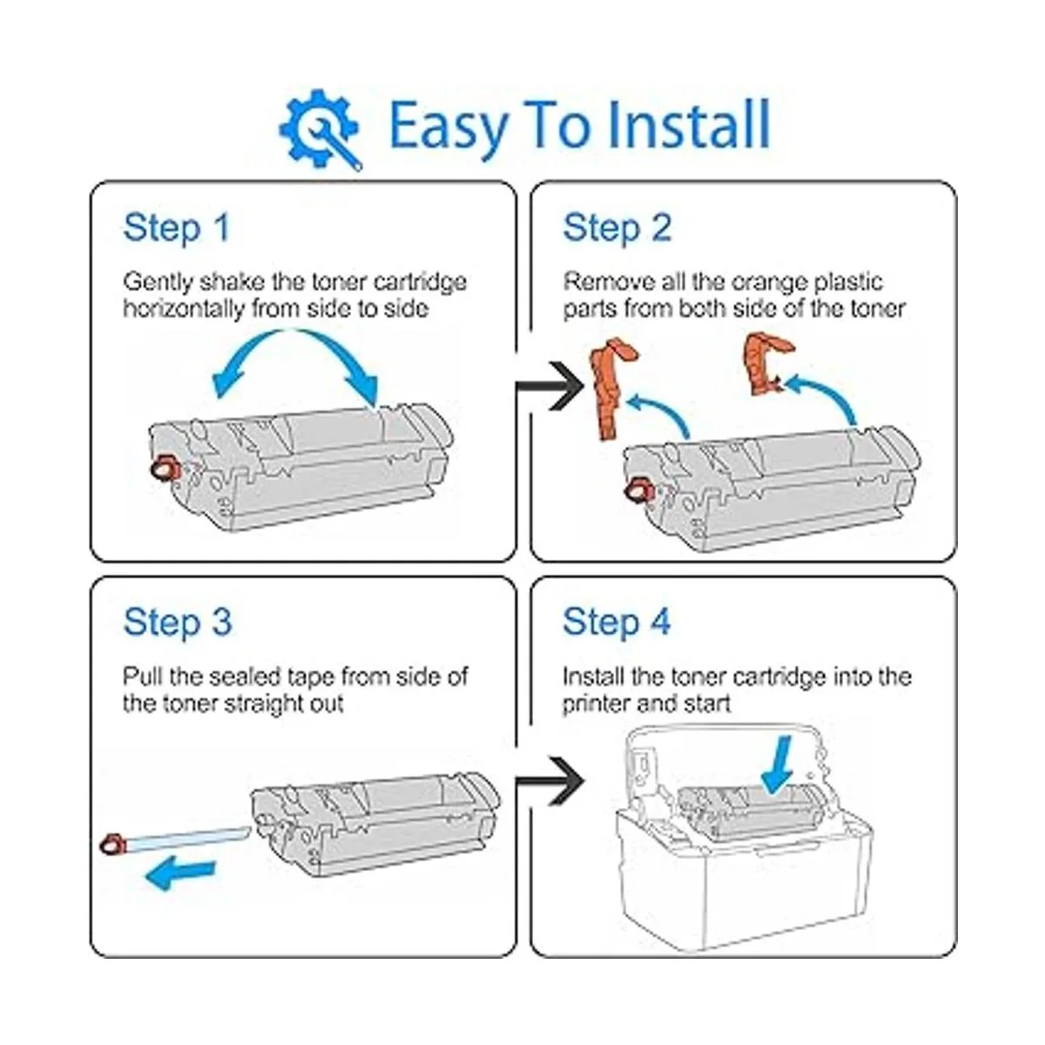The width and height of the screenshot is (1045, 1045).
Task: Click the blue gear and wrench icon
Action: (x=320, y=129)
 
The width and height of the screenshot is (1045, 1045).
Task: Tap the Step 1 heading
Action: (x=177, y=228)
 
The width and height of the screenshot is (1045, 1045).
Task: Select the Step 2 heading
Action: (x=617, y=228)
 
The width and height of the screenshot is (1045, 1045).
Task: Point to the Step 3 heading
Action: (x=178, y=622)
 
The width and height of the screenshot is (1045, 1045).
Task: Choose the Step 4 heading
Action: (x=617, y=622)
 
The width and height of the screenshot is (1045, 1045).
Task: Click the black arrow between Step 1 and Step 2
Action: (x=550, y=387)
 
